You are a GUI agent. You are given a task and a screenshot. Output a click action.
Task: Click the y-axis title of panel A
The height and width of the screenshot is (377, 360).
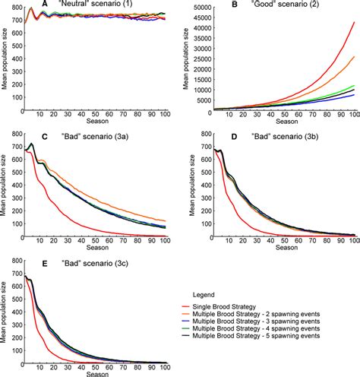pos(6,57)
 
